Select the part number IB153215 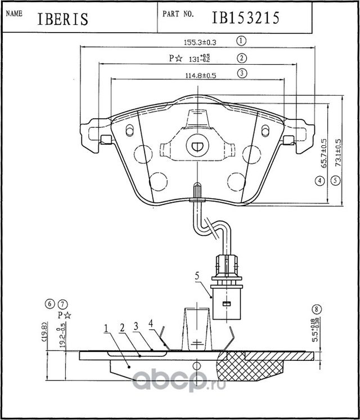pyautogui.click(x=245, y=17)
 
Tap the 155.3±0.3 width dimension pyautogui.click(x=201, y=41)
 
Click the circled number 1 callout pyautogui.click(x=242, y=41)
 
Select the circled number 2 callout pyautogui.click(x=242, y=57)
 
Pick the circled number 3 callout pyautogui.click(x=242, y=73)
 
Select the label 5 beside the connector pyautogui.click(x=197, y=275)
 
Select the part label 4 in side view pyautogui.click(x=151, y=323)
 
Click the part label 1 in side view pyautogui.click(x=105, y=327)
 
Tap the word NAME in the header pyautogui.click(x=13, y=12)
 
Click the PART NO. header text pyautogui.click(x=179, y=12)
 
